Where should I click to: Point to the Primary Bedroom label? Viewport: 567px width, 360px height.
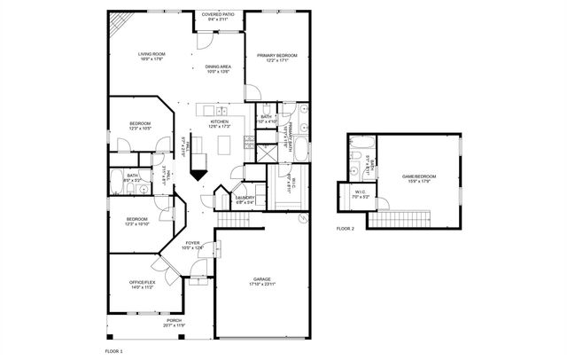click(277, 58)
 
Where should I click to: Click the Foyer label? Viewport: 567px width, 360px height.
click(192, 245)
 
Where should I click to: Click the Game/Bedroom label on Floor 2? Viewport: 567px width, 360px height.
click(416, 178)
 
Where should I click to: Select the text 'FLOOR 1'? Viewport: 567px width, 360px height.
click(115, 351)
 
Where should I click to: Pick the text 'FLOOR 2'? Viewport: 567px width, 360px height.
click(346, 228)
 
